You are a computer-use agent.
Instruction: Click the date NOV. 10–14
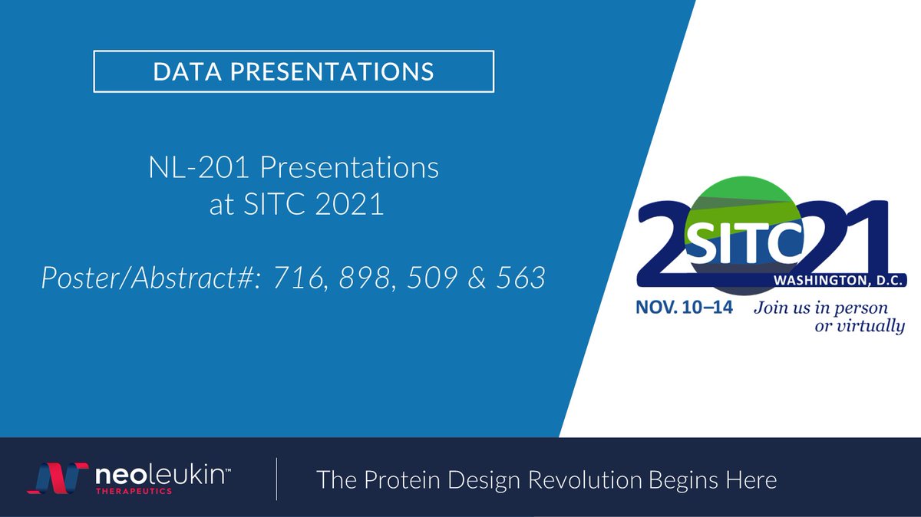coord(685,308)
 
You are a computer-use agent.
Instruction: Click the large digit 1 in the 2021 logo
coord(870,238)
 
